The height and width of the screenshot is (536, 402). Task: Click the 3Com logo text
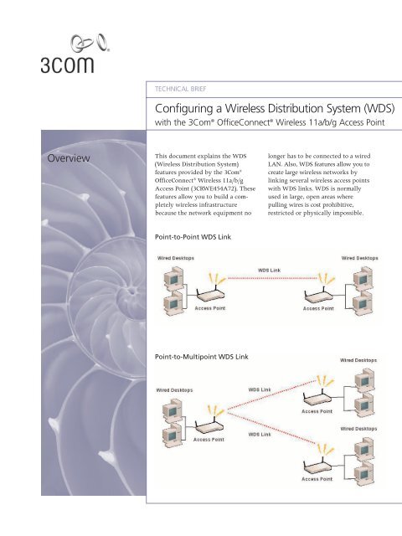click(x=67, y=64)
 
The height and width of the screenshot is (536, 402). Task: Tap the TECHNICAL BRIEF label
click(x=181, y=89)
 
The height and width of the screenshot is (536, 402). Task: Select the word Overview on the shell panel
click(x=69, y=158)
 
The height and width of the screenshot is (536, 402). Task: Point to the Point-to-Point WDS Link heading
click(x=193, y=236)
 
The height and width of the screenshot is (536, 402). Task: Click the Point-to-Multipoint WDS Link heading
click(x=202, y=357)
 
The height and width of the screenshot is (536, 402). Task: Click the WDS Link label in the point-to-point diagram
click(x=269, y=270)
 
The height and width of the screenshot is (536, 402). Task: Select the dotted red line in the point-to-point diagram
click(x=272, y=278)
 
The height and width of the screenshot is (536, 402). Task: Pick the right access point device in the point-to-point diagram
click(x=318, y=291)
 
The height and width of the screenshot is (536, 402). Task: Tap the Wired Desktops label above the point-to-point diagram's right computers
click(x=359, y=258)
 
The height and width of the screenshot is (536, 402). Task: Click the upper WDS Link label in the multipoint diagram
click(x=260, y=389)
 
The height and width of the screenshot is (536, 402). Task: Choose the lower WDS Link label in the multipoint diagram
click(x=260, y=435)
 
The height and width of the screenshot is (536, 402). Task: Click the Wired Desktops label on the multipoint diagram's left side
click(x=174, y=390)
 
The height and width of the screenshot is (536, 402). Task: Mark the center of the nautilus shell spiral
click(x=131, y=291)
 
